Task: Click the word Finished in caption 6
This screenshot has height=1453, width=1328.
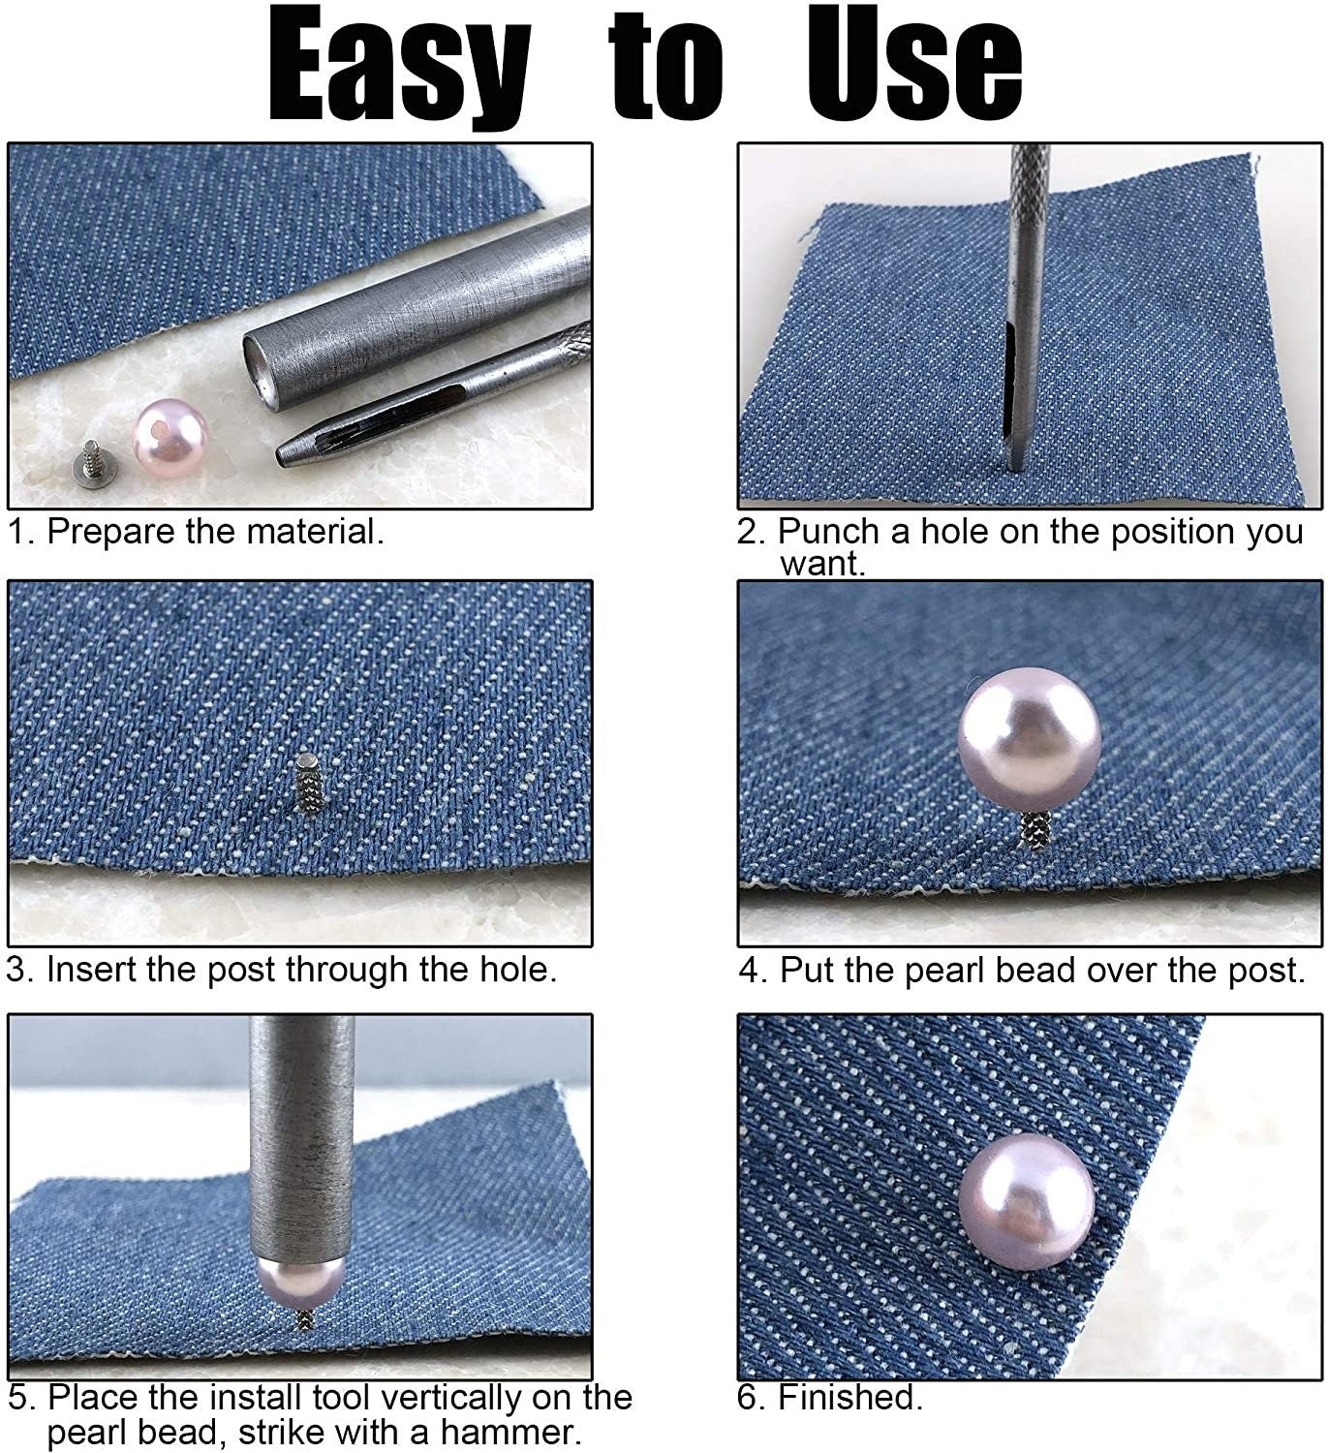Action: coord(849,1397)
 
